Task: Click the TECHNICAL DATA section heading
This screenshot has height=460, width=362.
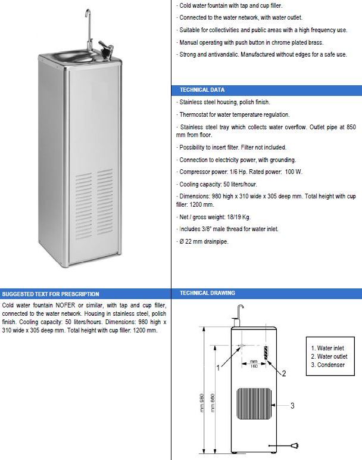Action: pyautogui.click(x=202, y=90)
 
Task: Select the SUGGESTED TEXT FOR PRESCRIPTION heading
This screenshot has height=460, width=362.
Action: pyautogui.click(x=50, y=294)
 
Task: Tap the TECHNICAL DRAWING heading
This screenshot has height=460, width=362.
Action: pyautogui.click(x=207, y=293)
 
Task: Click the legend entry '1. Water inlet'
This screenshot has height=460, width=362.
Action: pyautogui.click(x=329, y=347)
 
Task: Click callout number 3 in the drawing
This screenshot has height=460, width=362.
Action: pyautogui.click(x=292, y=406)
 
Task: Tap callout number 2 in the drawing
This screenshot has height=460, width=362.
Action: pyautogui.click(x=284, y=374)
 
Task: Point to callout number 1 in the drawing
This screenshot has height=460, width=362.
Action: pyautogui.click(x=218, y=368)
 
